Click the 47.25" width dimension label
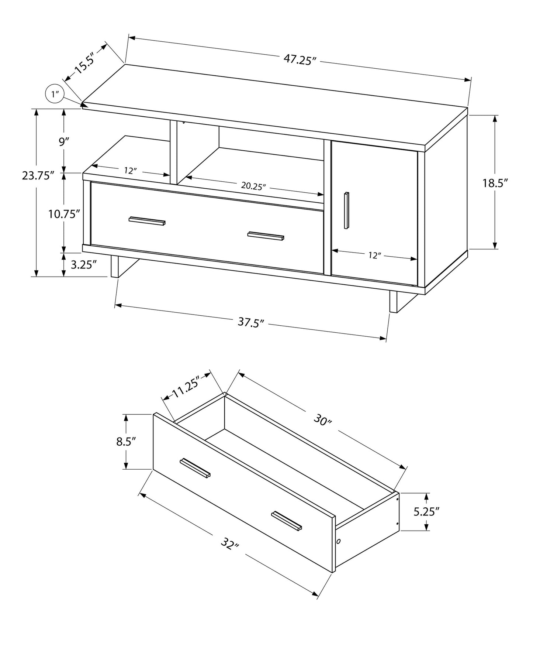[x=300, y=59]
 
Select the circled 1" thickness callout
[x=55, y=94]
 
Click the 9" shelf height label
[x=64, y=141]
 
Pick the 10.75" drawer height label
[x=64, y=213]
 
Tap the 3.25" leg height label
[x=83, y=264]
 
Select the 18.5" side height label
[x=495, y=183]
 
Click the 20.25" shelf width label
[x=253, y=186]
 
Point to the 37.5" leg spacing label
[x=251, y=322]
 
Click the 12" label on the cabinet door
[x=374, y=255]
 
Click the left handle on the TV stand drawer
[x=147, y=221]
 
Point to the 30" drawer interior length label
[x=323, y=420]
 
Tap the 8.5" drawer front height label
[x=127, y=442]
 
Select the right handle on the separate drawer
[x=287, y=521]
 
